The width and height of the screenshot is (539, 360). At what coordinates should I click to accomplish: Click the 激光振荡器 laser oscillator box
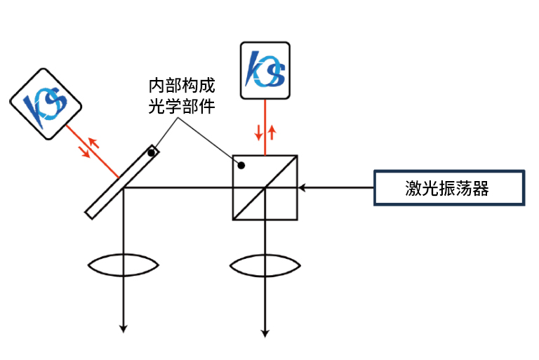[449, 188]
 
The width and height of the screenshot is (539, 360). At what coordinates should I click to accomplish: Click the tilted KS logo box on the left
[46, 104]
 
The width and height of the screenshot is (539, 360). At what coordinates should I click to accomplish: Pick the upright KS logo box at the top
[265, 70]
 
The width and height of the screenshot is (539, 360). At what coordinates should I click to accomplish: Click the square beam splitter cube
[265, 187]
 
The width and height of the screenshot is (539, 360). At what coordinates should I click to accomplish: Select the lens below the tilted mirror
[124, 266]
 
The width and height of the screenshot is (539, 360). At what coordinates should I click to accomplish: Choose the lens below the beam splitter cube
[265, 266]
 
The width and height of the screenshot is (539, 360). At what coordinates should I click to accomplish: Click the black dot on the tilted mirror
[150, 152]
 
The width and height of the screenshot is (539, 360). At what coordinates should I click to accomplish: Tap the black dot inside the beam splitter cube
[241, 166]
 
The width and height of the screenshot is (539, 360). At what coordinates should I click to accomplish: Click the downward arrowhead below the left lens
[124, 327]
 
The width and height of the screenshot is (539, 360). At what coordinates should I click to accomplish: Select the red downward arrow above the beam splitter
[258, 133]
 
